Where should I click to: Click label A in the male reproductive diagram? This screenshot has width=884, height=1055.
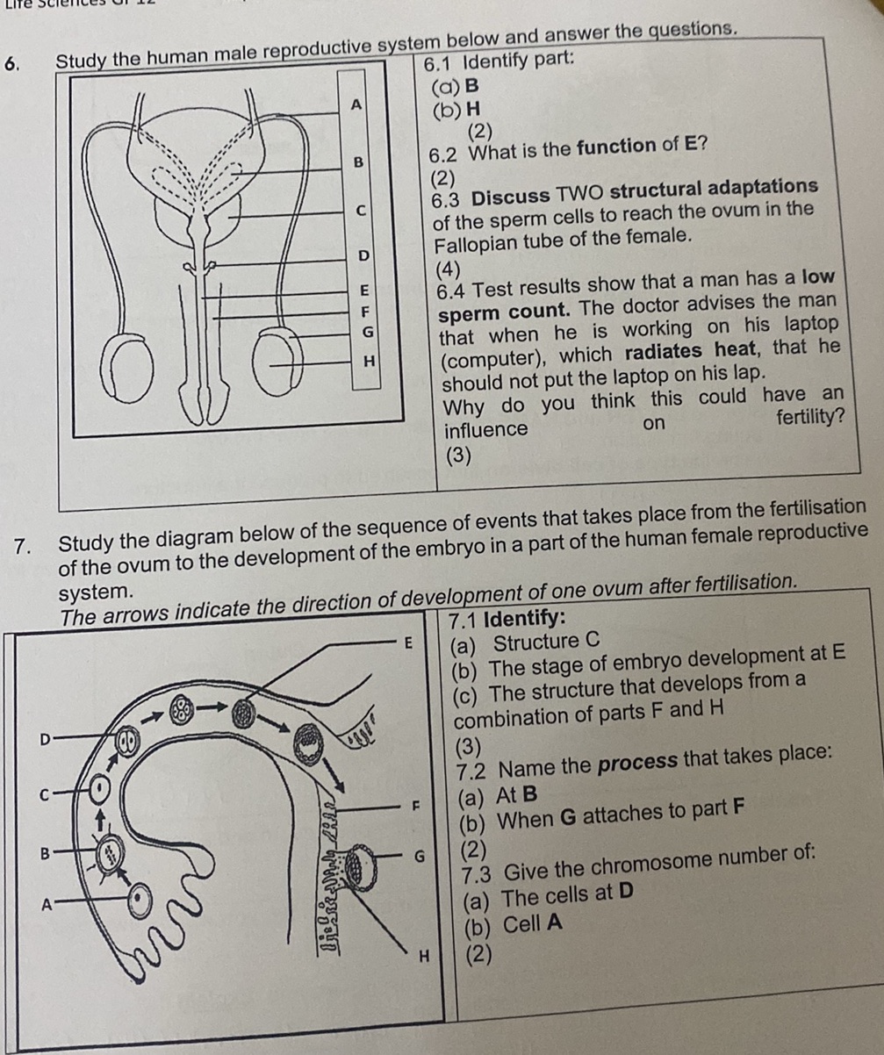(x=356, y=105)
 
